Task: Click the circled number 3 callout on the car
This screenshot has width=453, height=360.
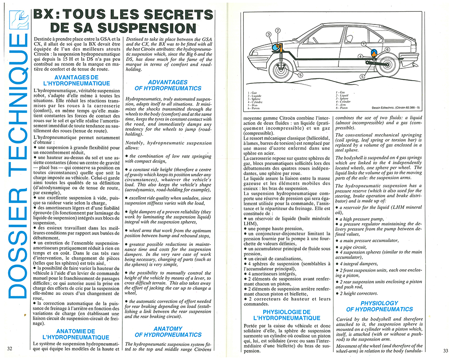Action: [269, 34]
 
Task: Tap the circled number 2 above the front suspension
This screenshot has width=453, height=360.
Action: [278, 30]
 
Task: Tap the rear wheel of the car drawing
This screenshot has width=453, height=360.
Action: [389, 64]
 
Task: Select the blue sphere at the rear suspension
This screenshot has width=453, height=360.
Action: [374, 53]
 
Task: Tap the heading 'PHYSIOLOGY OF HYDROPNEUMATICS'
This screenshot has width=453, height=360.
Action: [379, 306]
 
